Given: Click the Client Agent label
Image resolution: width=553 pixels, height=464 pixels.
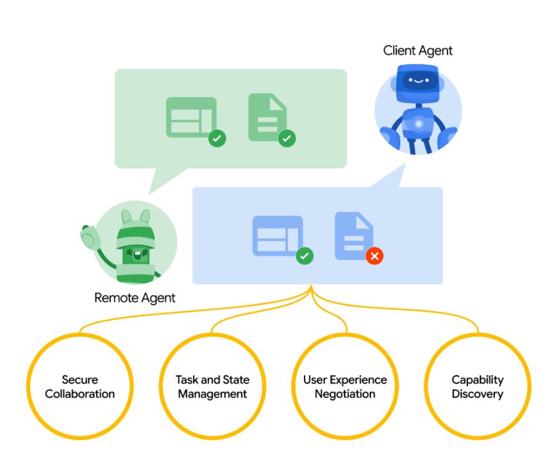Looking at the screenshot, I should pos(418,51).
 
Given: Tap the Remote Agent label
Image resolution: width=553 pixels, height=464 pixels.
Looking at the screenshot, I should pos(134,298).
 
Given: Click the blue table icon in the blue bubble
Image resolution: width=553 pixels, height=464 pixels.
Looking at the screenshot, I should pos(277,235).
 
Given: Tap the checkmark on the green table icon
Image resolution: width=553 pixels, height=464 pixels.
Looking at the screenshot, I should pos(217,139).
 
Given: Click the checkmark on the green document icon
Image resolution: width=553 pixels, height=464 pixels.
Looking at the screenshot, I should pos(287,139).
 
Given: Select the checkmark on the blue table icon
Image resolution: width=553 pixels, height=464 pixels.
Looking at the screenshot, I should pos(304,256).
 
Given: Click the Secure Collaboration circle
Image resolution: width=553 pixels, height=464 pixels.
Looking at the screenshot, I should pos(80,387).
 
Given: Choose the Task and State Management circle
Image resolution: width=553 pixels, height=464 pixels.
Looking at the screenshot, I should pos(212,387).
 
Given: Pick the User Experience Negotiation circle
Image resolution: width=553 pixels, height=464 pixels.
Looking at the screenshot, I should pos(345,387).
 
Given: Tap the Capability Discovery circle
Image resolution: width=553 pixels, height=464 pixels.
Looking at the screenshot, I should pos(477,387).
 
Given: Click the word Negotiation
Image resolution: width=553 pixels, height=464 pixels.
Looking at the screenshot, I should pos(345,395).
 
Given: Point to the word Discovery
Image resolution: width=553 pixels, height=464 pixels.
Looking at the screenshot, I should pos(477,395).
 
